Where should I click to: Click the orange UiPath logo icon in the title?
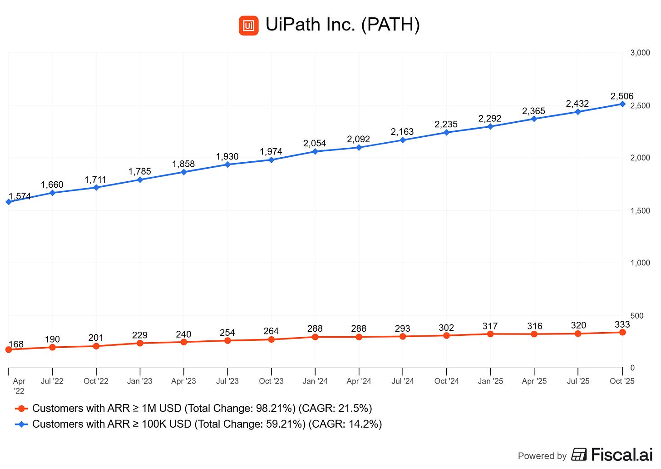(248, 25)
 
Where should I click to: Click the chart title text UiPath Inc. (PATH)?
(342, 25)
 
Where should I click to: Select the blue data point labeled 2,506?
(622, 104)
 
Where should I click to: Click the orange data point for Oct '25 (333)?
(622, 333)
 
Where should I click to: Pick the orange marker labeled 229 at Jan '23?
(140, 343)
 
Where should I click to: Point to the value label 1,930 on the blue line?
(227, 157)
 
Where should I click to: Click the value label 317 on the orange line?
(490, 326)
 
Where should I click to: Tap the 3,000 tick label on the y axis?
(640, 53)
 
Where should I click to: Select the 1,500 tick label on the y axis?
(640, 211)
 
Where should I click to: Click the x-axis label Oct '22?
(96, 381)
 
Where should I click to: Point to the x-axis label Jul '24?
(403, 381)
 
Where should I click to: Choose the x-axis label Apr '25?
(534, 381)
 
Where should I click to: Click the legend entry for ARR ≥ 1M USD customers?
(202, 409)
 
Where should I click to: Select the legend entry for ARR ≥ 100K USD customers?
(207, 424)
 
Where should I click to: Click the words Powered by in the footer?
(542, 456)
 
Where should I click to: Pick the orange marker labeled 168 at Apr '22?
(9, 349)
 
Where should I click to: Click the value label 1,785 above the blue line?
(139, 172)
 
